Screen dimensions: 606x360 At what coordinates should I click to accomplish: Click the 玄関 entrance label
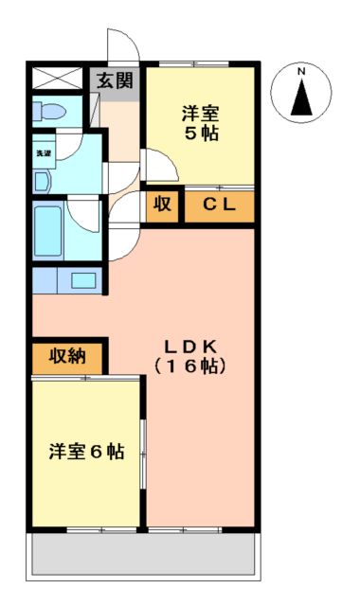coord(115,80)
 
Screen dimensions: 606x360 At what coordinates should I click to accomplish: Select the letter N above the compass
coord(300,72)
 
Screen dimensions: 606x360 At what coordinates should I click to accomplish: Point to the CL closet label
coord(220,205)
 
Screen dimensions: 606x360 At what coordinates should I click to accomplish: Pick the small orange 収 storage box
coord(162,205)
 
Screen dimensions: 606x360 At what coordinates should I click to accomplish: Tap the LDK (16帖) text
coord(200,355)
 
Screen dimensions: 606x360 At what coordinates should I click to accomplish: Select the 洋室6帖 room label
coord(86,452)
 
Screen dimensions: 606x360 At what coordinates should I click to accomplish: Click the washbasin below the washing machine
coord(43,179)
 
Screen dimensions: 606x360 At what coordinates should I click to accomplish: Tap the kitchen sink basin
coord(83,280)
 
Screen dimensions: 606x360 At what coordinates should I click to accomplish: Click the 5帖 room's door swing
coord(157,167)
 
